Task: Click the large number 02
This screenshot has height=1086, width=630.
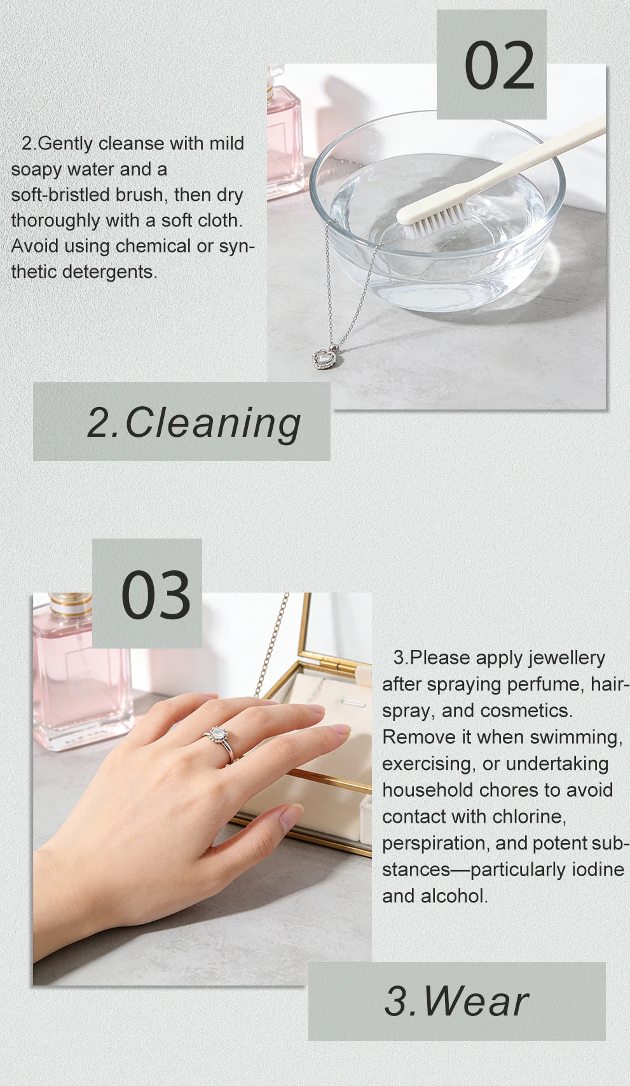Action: pos(499,66)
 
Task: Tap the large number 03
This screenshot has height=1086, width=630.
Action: pos(156,595)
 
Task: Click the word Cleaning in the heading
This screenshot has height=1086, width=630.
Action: pos(213,422)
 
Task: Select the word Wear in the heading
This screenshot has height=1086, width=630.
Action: pos(476,1001)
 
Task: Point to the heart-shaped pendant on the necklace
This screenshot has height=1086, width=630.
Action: pos(324,358)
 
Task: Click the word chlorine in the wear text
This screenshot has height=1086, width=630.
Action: pos(529,816)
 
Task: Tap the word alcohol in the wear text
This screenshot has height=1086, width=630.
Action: pos(454,896)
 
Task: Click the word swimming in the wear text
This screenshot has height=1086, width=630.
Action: pos(576,738)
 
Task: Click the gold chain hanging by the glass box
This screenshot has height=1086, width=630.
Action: pos(272,645)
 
